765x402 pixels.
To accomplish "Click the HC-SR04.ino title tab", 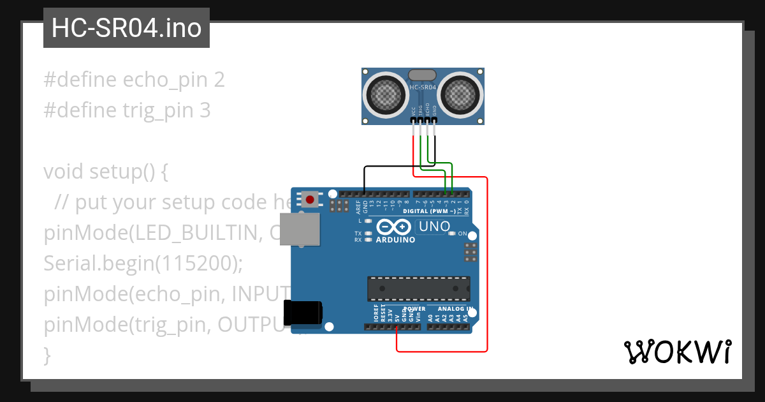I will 126,28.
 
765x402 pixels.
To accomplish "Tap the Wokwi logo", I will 677,352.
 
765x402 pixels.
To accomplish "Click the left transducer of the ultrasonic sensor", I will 386,96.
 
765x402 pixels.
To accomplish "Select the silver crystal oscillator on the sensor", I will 422,76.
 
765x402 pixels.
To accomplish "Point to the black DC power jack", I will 303,313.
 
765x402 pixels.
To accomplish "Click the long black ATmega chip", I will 418,288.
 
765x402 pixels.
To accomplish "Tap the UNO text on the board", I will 434,227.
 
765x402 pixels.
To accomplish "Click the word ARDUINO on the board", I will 395,241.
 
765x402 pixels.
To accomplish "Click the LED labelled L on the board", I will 368,220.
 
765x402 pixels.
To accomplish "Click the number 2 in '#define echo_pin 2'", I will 219,80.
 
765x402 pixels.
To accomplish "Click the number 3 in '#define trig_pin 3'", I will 205,110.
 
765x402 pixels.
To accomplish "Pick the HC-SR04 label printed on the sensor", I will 423,87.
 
